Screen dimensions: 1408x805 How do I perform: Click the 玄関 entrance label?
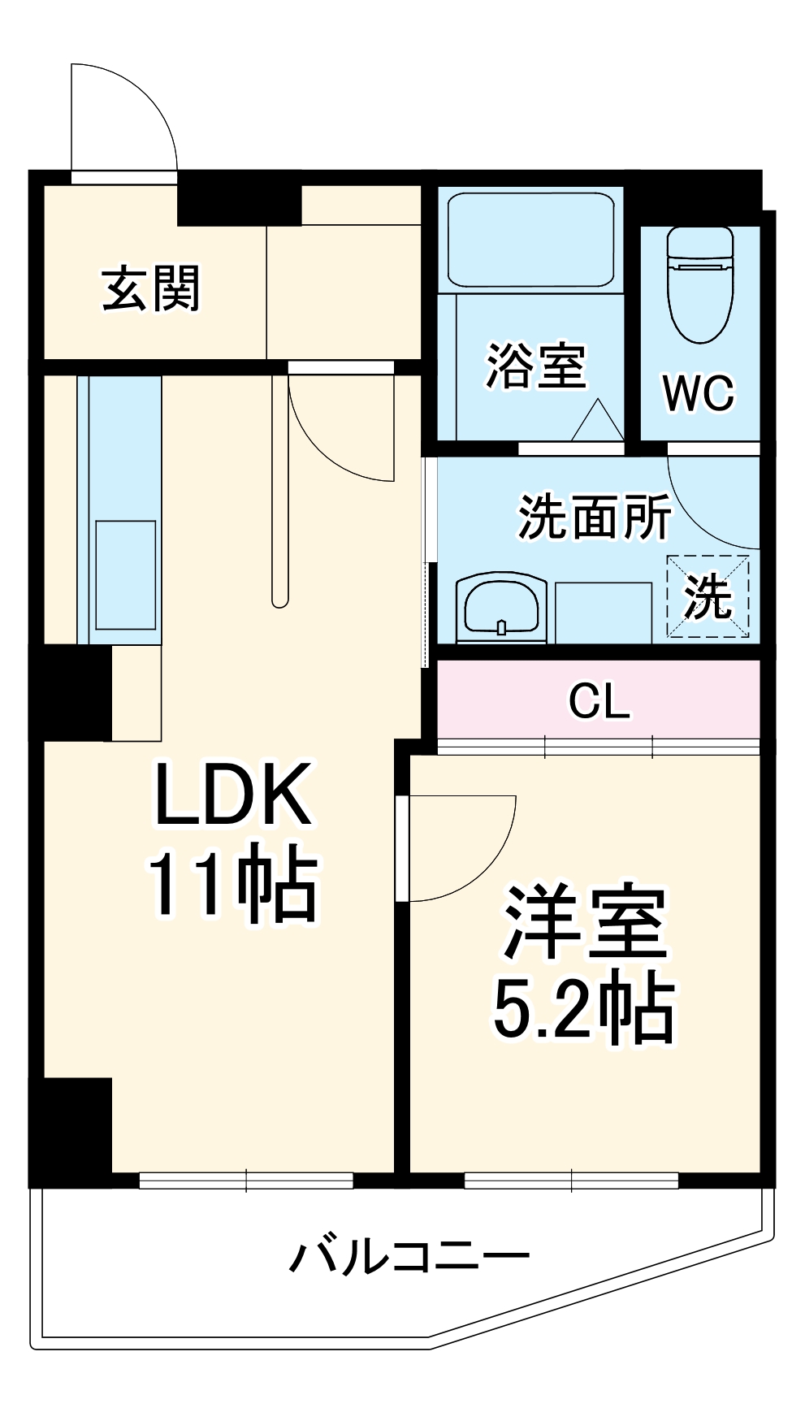coord(151,289)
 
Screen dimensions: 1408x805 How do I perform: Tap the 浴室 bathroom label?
coord(536,366)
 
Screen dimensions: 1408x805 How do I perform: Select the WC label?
coord(699,393)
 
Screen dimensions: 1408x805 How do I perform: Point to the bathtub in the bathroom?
coord(531,239)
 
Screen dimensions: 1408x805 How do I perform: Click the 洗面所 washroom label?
coord(595,517)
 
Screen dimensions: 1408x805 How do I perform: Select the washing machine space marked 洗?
coord(708,596)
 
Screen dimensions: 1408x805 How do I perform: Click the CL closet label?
coord(599,700)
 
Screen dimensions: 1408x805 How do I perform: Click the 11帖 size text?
coord(232,882)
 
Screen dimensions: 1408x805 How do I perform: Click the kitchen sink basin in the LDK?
coord(126,574)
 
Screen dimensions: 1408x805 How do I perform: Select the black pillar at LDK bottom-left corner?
coord(71,1125)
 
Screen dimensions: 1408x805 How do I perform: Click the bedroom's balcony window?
coord(571,1180)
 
